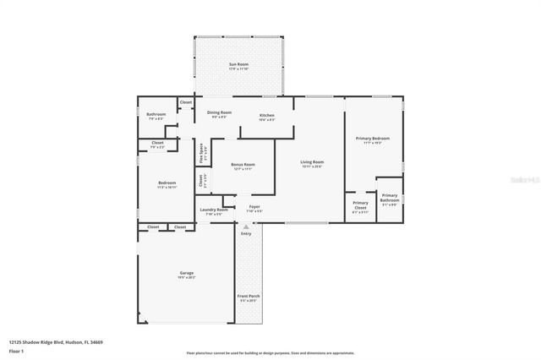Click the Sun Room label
238,63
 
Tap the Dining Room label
219,114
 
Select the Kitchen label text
266,114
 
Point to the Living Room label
313,161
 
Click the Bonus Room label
243,166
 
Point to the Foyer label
254,206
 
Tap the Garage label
186,273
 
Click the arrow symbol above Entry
246,226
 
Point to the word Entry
246,234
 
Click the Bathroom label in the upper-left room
156,114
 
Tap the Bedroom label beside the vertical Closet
167,183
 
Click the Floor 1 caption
17,350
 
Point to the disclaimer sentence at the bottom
270,352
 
